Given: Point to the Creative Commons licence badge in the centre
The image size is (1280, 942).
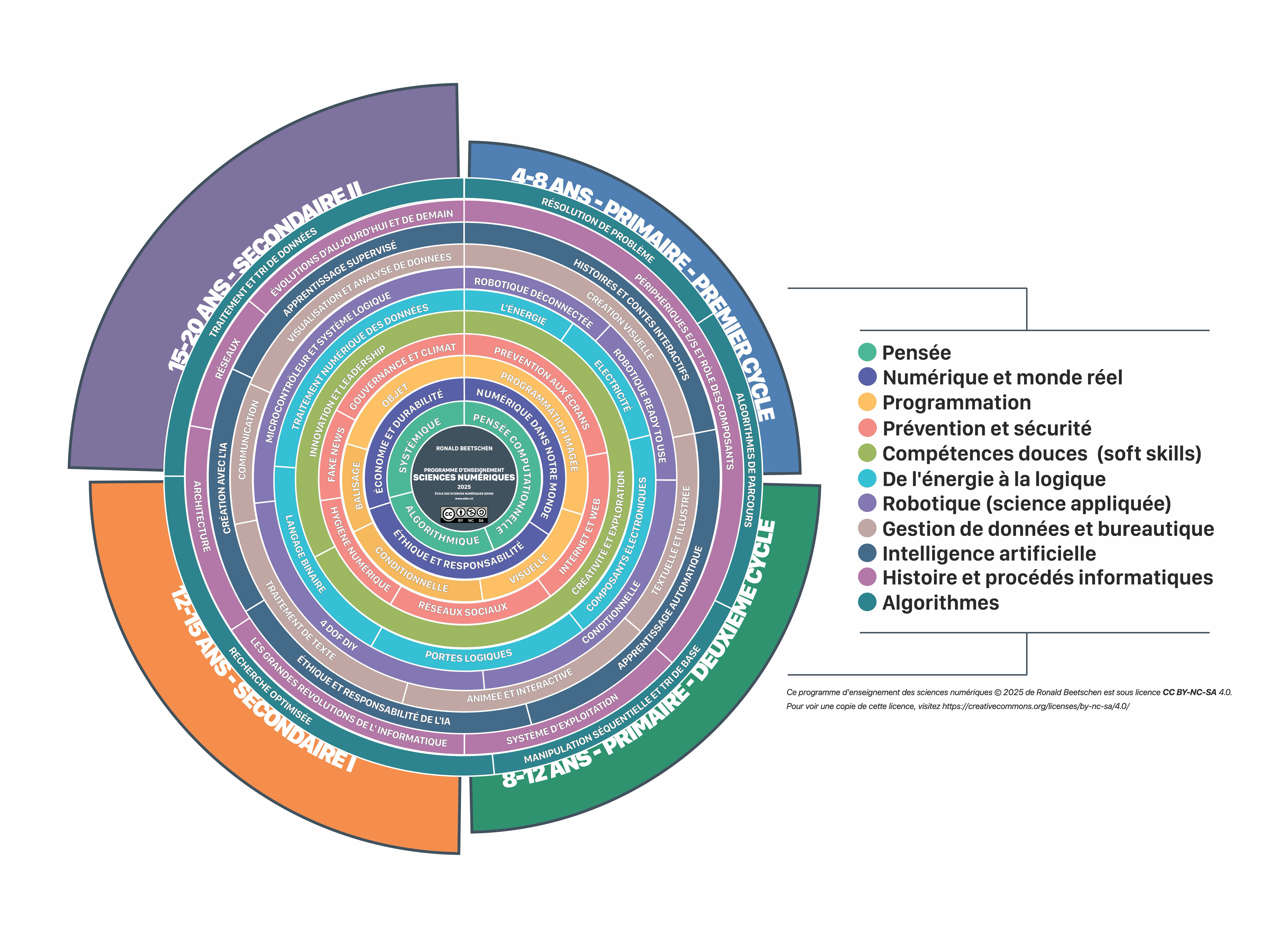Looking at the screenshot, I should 464,514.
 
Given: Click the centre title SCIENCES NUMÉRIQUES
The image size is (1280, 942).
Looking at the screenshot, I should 464,477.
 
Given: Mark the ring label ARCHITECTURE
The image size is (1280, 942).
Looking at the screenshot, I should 201,516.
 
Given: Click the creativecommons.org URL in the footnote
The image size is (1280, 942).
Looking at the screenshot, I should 1035,706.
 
